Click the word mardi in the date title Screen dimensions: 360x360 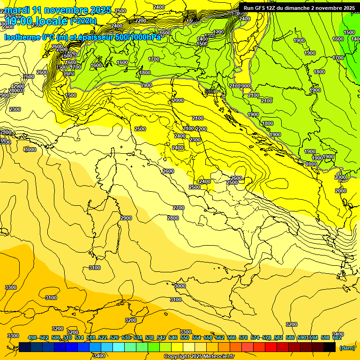17,9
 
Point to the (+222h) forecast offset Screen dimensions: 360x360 83,21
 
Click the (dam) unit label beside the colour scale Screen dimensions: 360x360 347,347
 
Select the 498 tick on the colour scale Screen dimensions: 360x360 32,337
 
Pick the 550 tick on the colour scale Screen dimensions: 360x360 185,337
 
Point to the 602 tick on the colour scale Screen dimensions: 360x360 337,337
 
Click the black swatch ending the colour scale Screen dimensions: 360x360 330,347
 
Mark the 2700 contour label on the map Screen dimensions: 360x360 179,208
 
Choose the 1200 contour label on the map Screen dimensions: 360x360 218,32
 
